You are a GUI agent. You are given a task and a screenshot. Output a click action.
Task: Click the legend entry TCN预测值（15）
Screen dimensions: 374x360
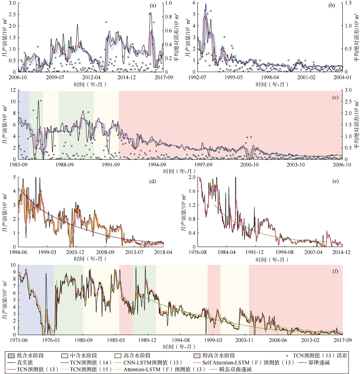tap(89, 370)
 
